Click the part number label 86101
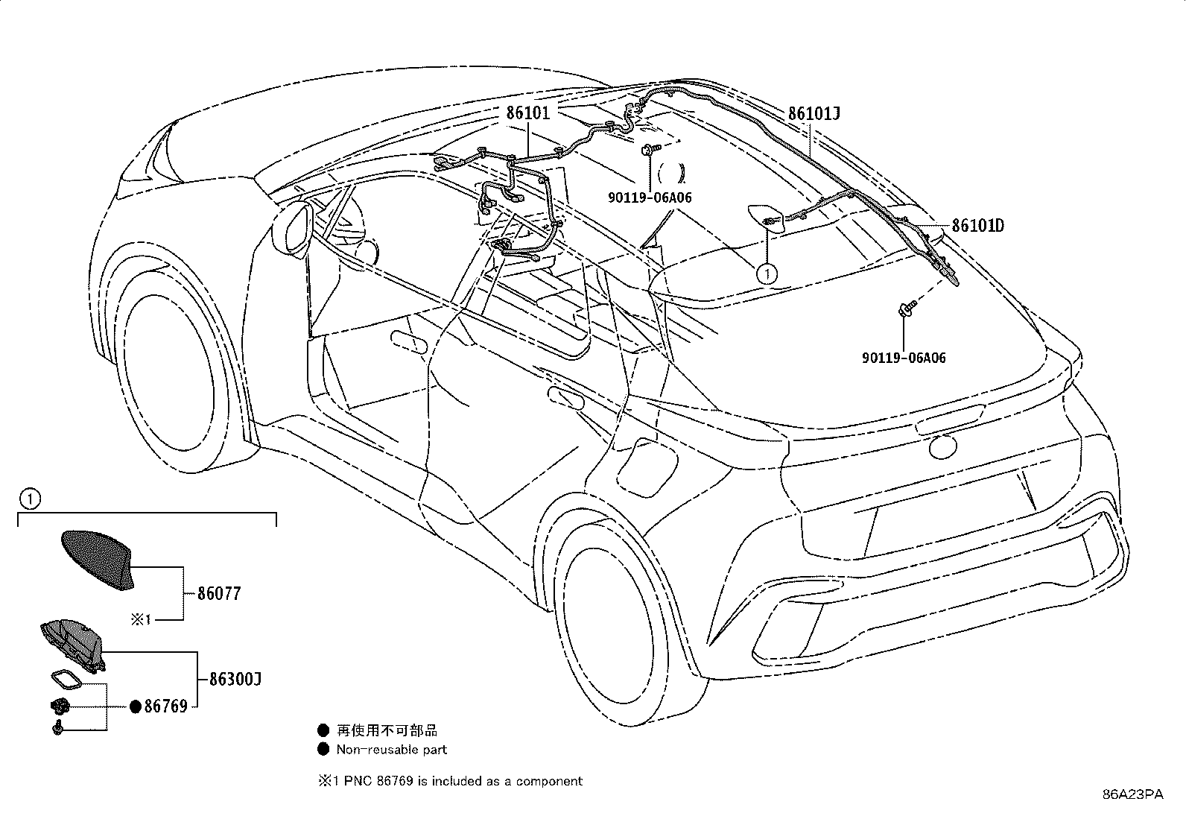(x=528, y=113)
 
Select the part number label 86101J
(x=814, y=113)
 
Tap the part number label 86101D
(x=978, y=226)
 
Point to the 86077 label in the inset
(x=219, y=593)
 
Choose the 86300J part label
(x=235, y=679)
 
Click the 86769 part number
(x=165, y=706)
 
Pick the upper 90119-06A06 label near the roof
(x=650, y=197)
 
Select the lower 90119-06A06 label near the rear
(x=904, y=358)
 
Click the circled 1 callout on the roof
(x=767, y=274)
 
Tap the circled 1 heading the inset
(x=31, y=499)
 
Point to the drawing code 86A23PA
(x=1133, y=794)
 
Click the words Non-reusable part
(x=392, y=750)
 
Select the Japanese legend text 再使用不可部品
(x=387, y=730)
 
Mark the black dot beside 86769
(x=136, y=706)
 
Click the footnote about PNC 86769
(x=450, y=781)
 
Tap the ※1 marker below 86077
(x=142, y=619)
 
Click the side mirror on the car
(x=292, y=229)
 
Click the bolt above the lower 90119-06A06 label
(x=907, y=308)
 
